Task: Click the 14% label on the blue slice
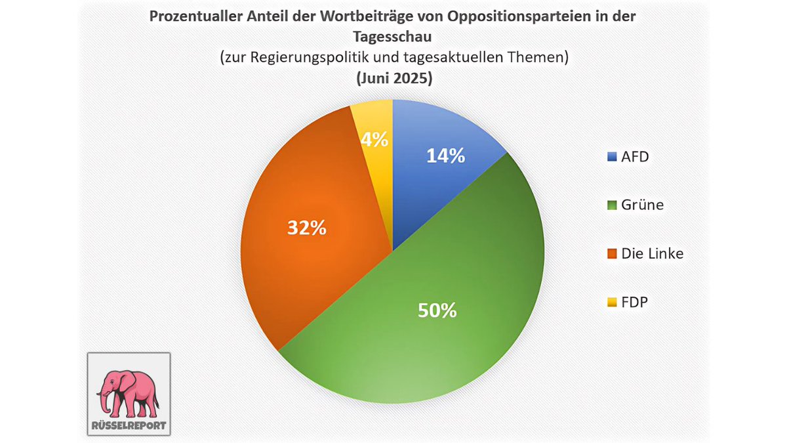pyautogui.click(x=445, y=156)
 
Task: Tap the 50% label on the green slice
pyautogui.click(x=437, y=310)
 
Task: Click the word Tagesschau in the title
pyautogui.click(x=393, y=37)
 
